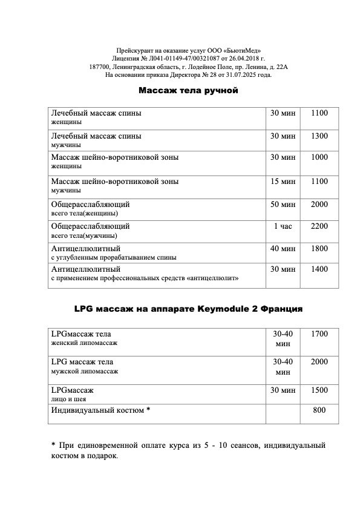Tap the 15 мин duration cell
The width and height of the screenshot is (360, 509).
pyautogui.click(x=283, y=181)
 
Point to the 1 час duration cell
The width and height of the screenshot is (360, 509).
pyautogui.click(x=283, y=226)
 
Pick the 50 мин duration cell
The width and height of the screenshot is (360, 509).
pyautogui.click(x=283, y=204)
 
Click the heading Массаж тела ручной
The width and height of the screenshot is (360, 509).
pyautogui.click(x=189, y=90)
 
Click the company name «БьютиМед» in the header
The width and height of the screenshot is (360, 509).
pyautogui.click(x=242, y=51)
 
